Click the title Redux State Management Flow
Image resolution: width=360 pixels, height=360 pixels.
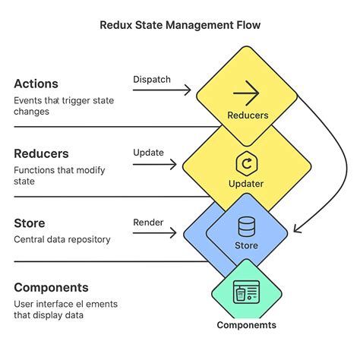tap(180, 25)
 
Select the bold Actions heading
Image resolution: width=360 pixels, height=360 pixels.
tap(36, 84)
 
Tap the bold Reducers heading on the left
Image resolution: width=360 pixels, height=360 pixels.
tap(43, 153)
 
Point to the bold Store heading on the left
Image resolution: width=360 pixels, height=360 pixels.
tap(30, 223)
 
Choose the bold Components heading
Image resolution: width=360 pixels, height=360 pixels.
tap(51, 288)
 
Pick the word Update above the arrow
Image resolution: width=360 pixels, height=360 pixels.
tap(149, 152)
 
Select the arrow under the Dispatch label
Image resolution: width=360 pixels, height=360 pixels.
tap(163, 90)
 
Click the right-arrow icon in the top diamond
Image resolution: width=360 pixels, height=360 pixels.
tap(247, 94)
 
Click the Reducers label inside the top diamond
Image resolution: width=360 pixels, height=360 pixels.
tap(247, 116)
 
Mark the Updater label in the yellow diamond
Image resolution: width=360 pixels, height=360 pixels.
tap(247, 184)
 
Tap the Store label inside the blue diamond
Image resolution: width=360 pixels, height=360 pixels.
tap(247, 245)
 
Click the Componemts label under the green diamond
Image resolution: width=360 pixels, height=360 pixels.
tap(247, 325)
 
